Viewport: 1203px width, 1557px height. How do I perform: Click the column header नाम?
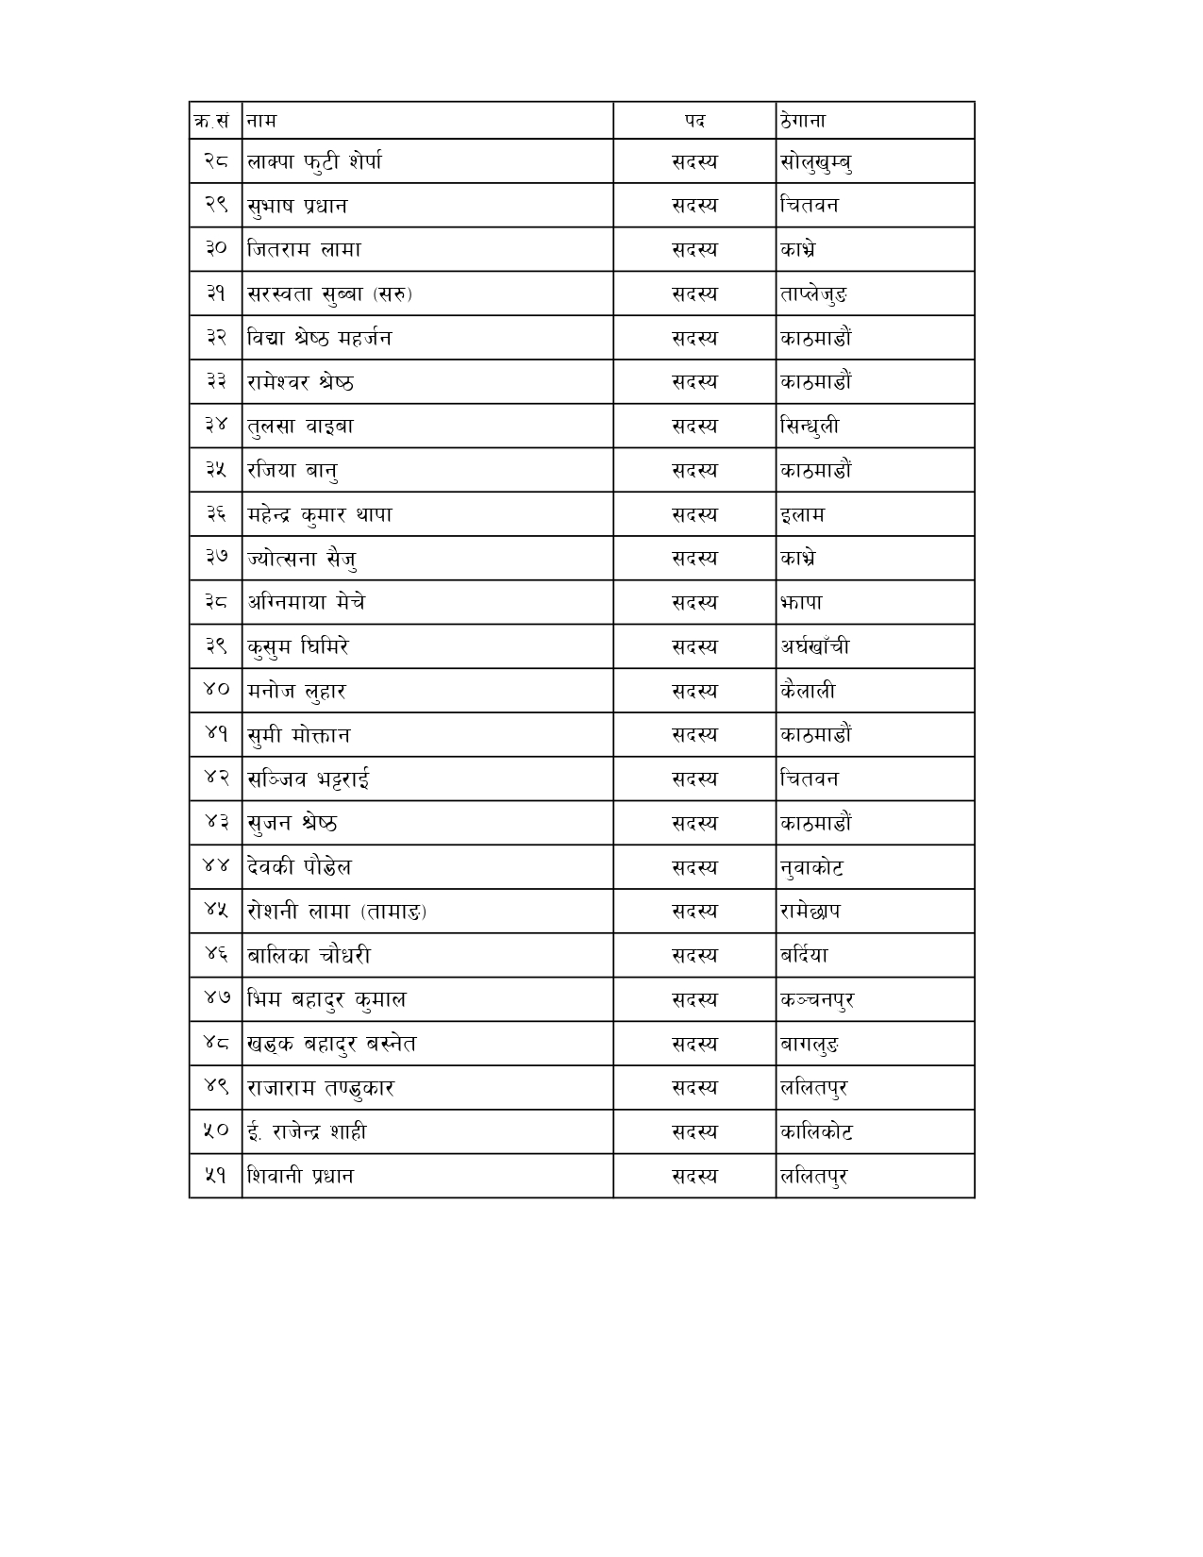point(261,121)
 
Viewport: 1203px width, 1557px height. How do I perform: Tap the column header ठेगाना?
point(803,121)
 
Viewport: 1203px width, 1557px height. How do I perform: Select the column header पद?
point(694,121)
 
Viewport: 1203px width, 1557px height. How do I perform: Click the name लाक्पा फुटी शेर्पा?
point(314,161)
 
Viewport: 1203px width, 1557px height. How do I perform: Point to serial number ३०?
point(216,249)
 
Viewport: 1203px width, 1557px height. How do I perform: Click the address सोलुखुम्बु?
point(817,162)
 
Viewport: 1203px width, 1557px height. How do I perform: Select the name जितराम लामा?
point(304,249)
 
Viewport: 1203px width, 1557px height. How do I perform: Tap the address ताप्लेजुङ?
point(813,293)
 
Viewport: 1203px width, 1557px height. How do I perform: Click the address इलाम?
point(802,514)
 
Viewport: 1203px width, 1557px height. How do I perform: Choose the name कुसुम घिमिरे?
point(298,646)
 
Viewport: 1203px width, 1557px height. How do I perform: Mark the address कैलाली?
point(808,691)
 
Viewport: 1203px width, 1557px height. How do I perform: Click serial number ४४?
point(216,867)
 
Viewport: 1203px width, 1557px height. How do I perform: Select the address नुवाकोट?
point(811,867)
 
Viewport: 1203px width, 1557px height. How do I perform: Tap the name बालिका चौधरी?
point(309,955)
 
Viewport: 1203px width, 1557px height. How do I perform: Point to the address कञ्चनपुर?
point(817,999)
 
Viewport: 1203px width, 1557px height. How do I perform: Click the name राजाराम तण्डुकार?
point(320,1088)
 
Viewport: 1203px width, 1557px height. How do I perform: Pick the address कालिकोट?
point(816,1131)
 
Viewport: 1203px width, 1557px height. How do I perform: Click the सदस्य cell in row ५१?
point(694,1176)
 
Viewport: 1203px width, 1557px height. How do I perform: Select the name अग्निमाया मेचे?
point(306,602)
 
